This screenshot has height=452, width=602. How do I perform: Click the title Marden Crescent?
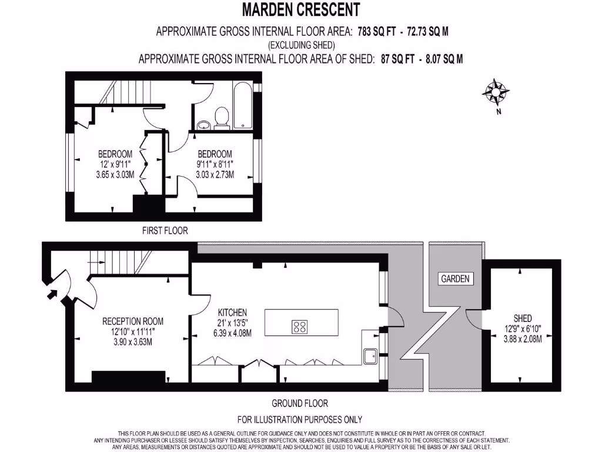(x=300, y=10)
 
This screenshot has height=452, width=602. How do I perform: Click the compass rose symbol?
(x=496, y=91)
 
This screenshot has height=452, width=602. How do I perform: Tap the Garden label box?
(x=456, y=278)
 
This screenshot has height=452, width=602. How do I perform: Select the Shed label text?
(x=523, y=318)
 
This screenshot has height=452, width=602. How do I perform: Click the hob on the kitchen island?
(x=300, y=325)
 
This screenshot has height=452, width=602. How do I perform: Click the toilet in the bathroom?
(x=222, y=117)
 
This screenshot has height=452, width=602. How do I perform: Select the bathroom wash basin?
(x=203, y=124)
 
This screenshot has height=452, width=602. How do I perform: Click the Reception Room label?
(x=133, y=321)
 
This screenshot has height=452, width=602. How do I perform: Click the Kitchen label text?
(x=232, y=312)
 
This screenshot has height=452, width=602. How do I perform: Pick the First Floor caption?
(x=165, y=231)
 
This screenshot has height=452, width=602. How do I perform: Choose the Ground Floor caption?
(x=299, y=404)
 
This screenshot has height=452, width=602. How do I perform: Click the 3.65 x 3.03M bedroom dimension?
(x=116, y=175)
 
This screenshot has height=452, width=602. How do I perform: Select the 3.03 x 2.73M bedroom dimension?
(x=215, y=175)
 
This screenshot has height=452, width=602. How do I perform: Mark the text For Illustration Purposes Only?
(x=300, y=420)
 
